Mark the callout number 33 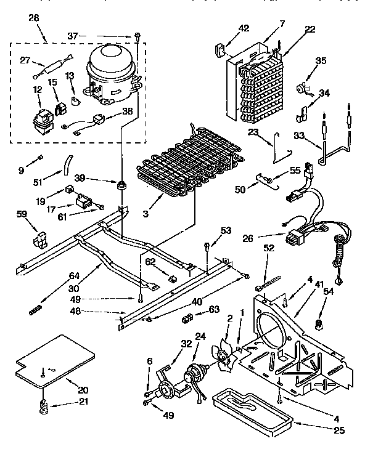coord(298,136)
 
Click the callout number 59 coord(22,214)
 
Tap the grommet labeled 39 coord(123,184)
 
